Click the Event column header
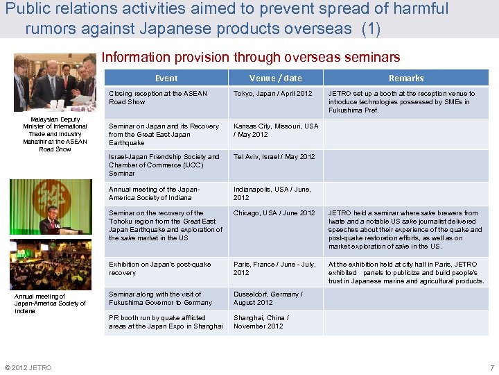click(x=166, y=78)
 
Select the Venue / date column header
click(x=276, y=78)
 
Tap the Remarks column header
click(x=406, y=78)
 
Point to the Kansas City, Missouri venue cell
click(x=276, y=131)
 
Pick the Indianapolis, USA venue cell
click(x=272, y=193)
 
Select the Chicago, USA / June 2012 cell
click(x=274, y=213)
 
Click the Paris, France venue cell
click(x=274, y=269)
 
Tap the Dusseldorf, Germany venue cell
click(x=268, y=299)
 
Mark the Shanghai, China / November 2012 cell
click(x=261, y=322)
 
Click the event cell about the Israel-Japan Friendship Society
click(x=164, y=165)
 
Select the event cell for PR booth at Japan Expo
click(x=166, y=322)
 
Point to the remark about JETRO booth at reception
click(x=402, y=101)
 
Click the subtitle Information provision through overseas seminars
click(x=251, y=58)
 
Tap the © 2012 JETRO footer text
click(x=28, y=367)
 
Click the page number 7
click(x=491, y=367)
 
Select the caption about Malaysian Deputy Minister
click(x=55, y=135)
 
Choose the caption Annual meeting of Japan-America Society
click(x=51, y=303)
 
